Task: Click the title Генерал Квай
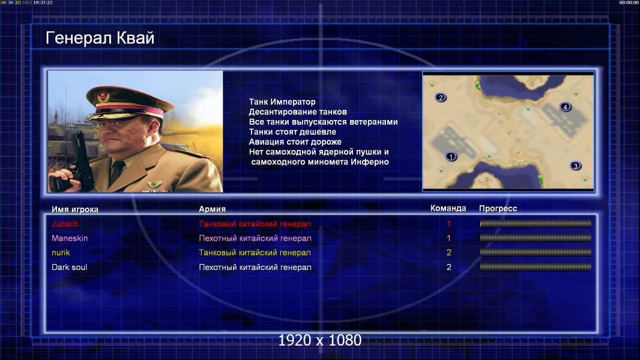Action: [x=100, y=38]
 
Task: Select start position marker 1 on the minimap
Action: [x=451, y=156]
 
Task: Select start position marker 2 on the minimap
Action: [x=441, y=97]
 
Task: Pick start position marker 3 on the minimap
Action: [x=576, y=166]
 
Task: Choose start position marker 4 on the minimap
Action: [x=566, y=107]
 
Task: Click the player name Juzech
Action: [x=65, y=224]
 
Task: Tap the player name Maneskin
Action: [x=70, y=238]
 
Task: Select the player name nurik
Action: [x=61, y=253]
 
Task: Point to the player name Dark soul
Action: [x=70, y=268]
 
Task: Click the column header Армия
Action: [x=213, y=209]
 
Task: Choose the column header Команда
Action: [x=448, y=208]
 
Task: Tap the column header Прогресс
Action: [x=498, y=209]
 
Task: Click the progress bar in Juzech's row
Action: [x=536, y=223]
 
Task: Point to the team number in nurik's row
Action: [x=449, y=253]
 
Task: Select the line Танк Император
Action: [x=282, y=102]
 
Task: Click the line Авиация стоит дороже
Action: [x=295, y=142]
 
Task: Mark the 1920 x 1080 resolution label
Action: [x=320, y=340]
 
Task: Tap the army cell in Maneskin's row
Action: [x=255, y=238]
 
